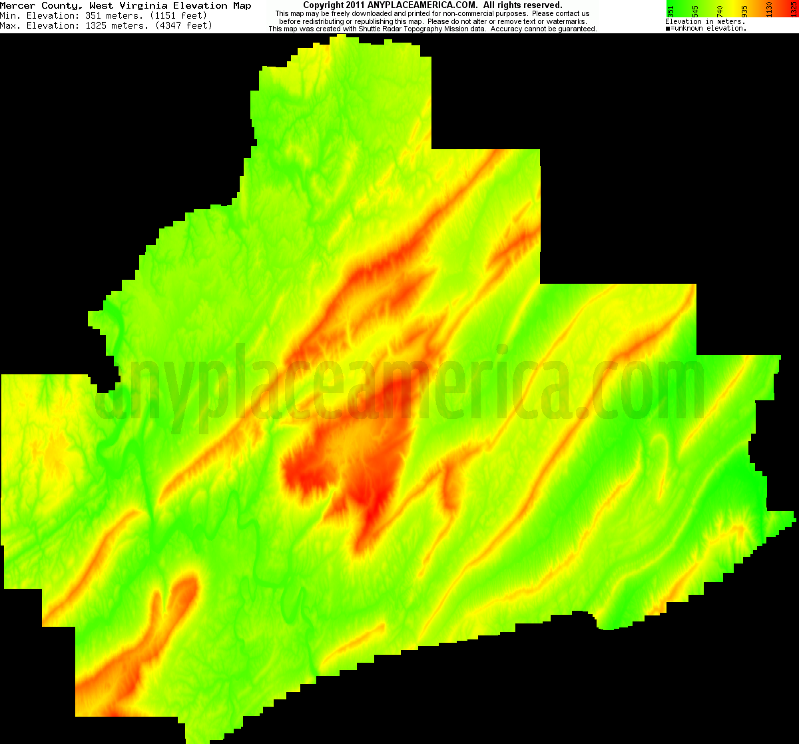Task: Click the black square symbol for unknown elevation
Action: (668, 29)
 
